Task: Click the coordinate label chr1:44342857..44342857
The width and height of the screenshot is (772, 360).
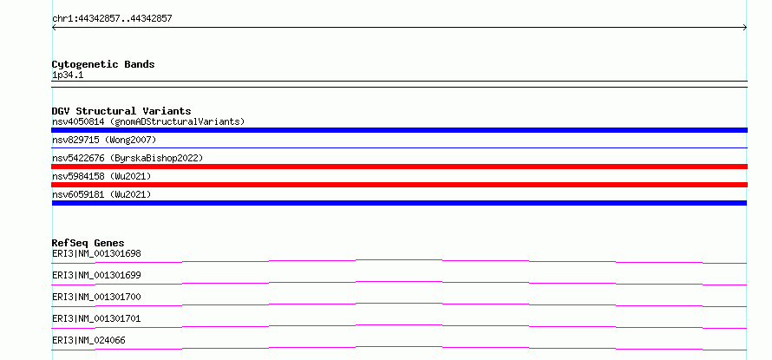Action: coord(112,19)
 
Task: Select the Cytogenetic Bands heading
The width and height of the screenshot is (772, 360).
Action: coord(103,64)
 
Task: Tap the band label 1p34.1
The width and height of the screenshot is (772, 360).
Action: coord(68,75)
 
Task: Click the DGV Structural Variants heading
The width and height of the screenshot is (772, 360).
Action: coord(121,111)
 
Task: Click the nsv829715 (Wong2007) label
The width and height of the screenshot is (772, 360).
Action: coord(104,140)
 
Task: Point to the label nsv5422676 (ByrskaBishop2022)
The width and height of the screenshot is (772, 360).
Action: coord(128,158)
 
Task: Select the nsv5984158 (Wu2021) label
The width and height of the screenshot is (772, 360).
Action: coord(101,176)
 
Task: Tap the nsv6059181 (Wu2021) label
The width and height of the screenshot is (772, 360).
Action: coord(101,194)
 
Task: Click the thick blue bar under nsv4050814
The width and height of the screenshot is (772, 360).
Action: coord(399,130)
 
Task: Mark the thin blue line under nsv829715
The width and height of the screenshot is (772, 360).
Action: coord(399,147)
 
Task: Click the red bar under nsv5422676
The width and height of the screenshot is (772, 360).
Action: coord(399,167)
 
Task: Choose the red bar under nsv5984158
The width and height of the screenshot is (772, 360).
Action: coord(399,185)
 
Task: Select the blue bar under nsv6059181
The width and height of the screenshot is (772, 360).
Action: coord(399,203)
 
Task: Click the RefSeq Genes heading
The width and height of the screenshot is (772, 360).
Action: coord(88,243)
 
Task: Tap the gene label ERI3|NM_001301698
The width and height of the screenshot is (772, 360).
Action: coord(96,253)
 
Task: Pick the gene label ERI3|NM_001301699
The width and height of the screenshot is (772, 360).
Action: coord(96,275)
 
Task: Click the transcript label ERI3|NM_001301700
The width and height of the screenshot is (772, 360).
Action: coord(96,297)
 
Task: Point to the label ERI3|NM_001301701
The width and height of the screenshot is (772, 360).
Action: coord(96,318)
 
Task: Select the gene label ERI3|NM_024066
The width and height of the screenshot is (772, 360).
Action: coord(88,340)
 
